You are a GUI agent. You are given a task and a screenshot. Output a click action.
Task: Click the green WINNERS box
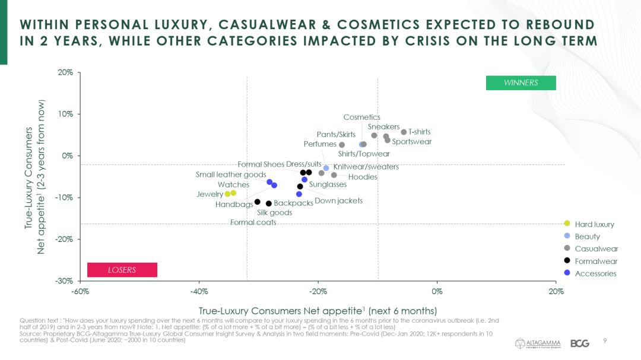521,83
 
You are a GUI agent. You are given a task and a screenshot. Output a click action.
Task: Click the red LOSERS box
122,270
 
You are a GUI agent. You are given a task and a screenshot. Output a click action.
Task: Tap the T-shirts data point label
419,132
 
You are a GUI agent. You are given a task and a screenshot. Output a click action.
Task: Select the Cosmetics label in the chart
361,117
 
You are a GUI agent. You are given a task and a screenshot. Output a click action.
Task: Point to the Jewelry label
210,194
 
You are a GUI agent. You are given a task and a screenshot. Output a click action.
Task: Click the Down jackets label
338,201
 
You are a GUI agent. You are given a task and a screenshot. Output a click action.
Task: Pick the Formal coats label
253,222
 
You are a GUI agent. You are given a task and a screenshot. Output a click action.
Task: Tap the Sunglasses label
328,184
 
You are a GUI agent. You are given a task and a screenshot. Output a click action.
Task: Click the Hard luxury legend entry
594,224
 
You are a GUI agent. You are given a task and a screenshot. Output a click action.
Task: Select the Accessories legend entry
595,273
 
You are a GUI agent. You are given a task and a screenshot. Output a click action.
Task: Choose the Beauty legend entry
587,237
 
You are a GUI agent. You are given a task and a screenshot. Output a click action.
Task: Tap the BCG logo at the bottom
579,343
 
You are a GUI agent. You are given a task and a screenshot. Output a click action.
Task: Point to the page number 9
605,340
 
